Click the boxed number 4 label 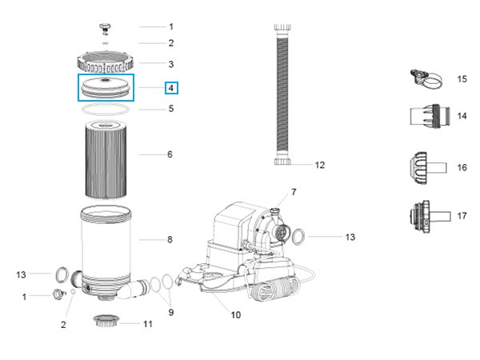click(171, 88)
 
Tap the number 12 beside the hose click(319, 166)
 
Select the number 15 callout click(462, 79)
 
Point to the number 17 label click(462, 216)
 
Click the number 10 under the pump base click(235, 314)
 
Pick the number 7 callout click(293, 192)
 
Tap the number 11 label click(147, 324)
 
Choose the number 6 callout click(170, 154)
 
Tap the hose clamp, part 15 click(424, 78)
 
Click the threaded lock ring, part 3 click(107, 62)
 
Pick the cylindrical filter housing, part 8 click(109, 244)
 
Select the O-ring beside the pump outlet click(296, 237)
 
